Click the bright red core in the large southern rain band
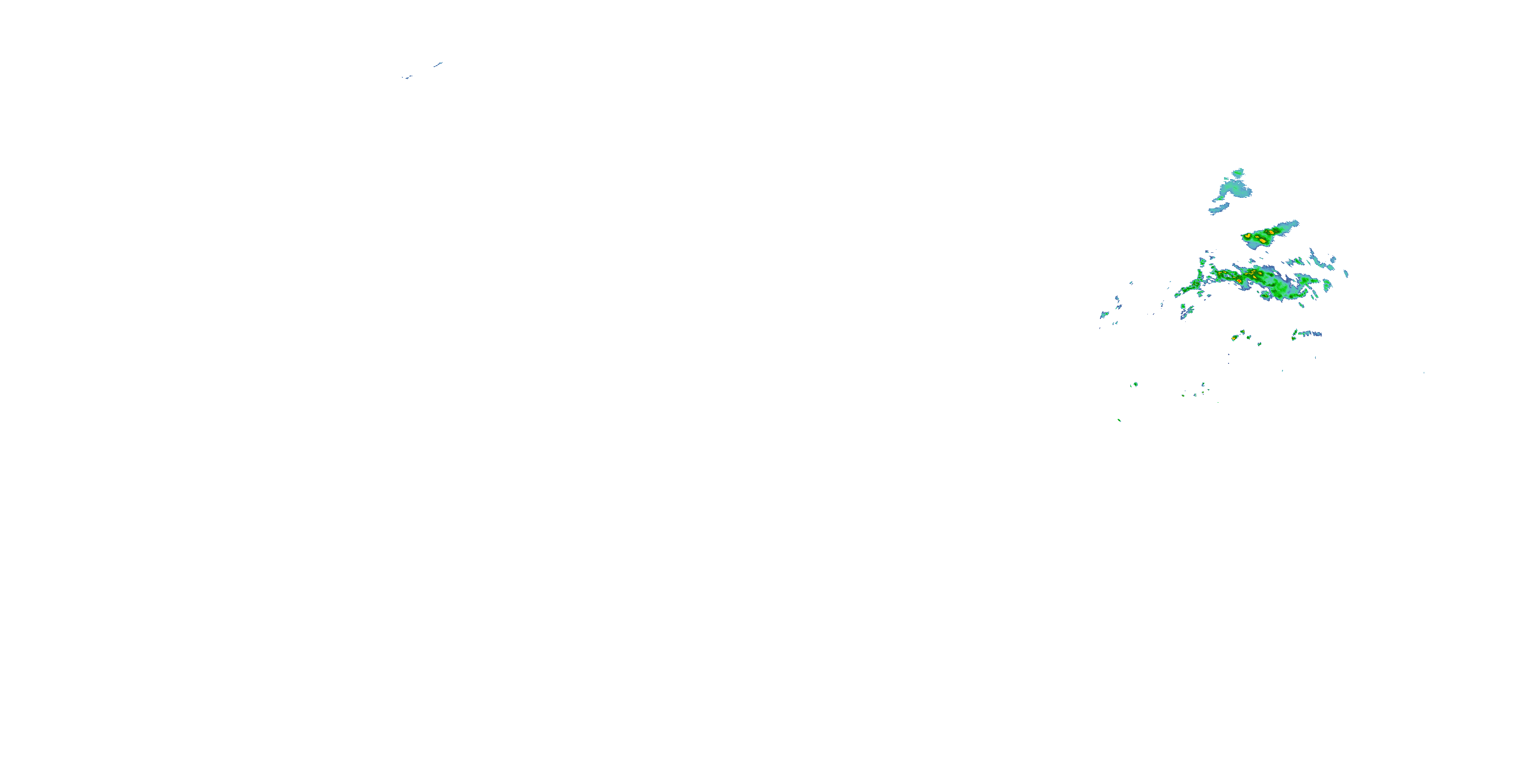1239,282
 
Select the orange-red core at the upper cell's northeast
1271,232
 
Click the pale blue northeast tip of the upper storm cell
1295,224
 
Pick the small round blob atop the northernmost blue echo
1238,172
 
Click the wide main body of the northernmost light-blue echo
1234,189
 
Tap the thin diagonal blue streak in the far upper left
438,64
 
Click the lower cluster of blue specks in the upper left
407,77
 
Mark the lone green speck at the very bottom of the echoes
1120,420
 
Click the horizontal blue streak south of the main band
1310,334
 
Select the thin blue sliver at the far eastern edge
1346,274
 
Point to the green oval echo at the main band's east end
1326,286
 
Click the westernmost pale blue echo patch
1103,315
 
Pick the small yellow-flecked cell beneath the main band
1235,338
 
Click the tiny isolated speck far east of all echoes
1424,372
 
